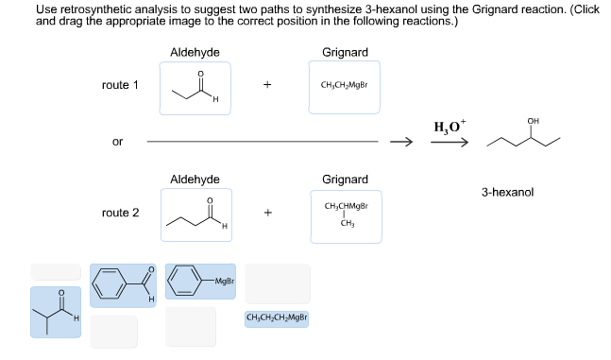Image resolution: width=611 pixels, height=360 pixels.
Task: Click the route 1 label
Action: point(120,85)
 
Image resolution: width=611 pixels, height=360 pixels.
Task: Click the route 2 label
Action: point(120,213)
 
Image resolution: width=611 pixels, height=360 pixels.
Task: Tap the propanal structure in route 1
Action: point(195,88)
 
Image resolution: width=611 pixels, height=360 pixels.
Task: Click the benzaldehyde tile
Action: point(124,283)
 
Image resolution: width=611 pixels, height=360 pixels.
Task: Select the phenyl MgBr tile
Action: point(200,282)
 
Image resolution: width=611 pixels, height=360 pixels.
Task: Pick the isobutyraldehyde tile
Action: point(55,312)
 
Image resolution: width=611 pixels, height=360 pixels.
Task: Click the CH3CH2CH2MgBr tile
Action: point(277,318)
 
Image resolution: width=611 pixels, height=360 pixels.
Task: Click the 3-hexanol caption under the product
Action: point(507,192)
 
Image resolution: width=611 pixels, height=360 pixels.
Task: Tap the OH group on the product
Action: point(534,121)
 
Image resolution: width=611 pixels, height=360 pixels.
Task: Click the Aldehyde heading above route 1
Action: point(195,52)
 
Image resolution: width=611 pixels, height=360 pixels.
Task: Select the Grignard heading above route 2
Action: point(345,179)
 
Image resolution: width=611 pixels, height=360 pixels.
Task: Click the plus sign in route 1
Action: point(268,85)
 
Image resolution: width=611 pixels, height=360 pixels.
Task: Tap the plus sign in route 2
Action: point(268,213)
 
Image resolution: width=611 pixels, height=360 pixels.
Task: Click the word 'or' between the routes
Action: point(117,142)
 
